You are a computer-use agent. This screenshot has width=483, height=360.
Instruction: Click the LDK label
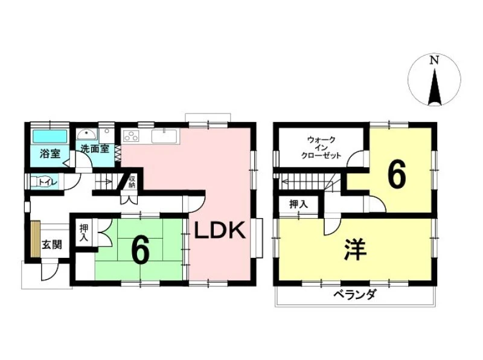(x=220, y=231)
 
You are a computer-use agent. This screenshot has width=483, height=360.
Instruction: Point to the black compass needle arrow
(x=435, y=87)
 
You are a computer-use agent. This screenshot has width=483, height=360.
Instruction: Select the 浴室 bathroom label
(x=50, y=153)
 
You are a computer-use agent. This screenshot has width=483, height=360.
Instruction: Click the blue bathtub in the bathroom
(x=50, y=136)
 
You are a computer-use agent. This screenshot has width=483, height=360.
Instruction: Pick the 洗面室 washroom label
(x=95, y=149)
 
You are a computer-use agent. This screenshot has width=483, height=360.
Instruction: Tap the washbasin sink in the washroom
(x=87, y=135)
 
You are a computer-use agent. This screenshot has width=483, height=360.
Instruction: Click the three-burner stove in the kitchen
(x=131, y=135)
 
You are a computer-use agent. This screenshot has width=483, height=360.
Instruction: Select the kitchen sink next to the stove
(x=164, y=137)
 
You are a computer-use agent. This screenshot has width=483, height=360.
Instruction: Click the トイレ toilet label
(x=48, y=182)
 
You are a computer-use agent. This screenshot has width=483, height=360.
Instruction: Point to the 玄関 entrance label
(x=52, y=245)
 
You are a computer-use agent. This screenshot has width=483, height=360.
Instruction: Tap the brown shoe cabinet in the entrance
(x=35, y=239)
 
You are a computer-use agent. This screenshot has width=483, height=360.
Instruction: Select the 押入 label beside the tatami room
(x=84, y=233)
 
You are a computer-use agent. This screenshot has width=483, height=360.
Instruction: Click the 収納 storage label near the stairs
(x=132, y=182)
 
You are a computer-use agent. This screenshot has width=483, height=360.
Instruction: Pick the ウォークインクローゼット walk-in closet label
(x=321, y=147)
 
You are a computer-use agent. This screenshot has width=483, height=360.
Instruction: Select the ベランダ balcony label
(x=355, y=295)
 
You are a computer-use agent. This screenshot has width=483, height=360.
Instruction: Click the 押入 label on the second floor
(x=298, y=204)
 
